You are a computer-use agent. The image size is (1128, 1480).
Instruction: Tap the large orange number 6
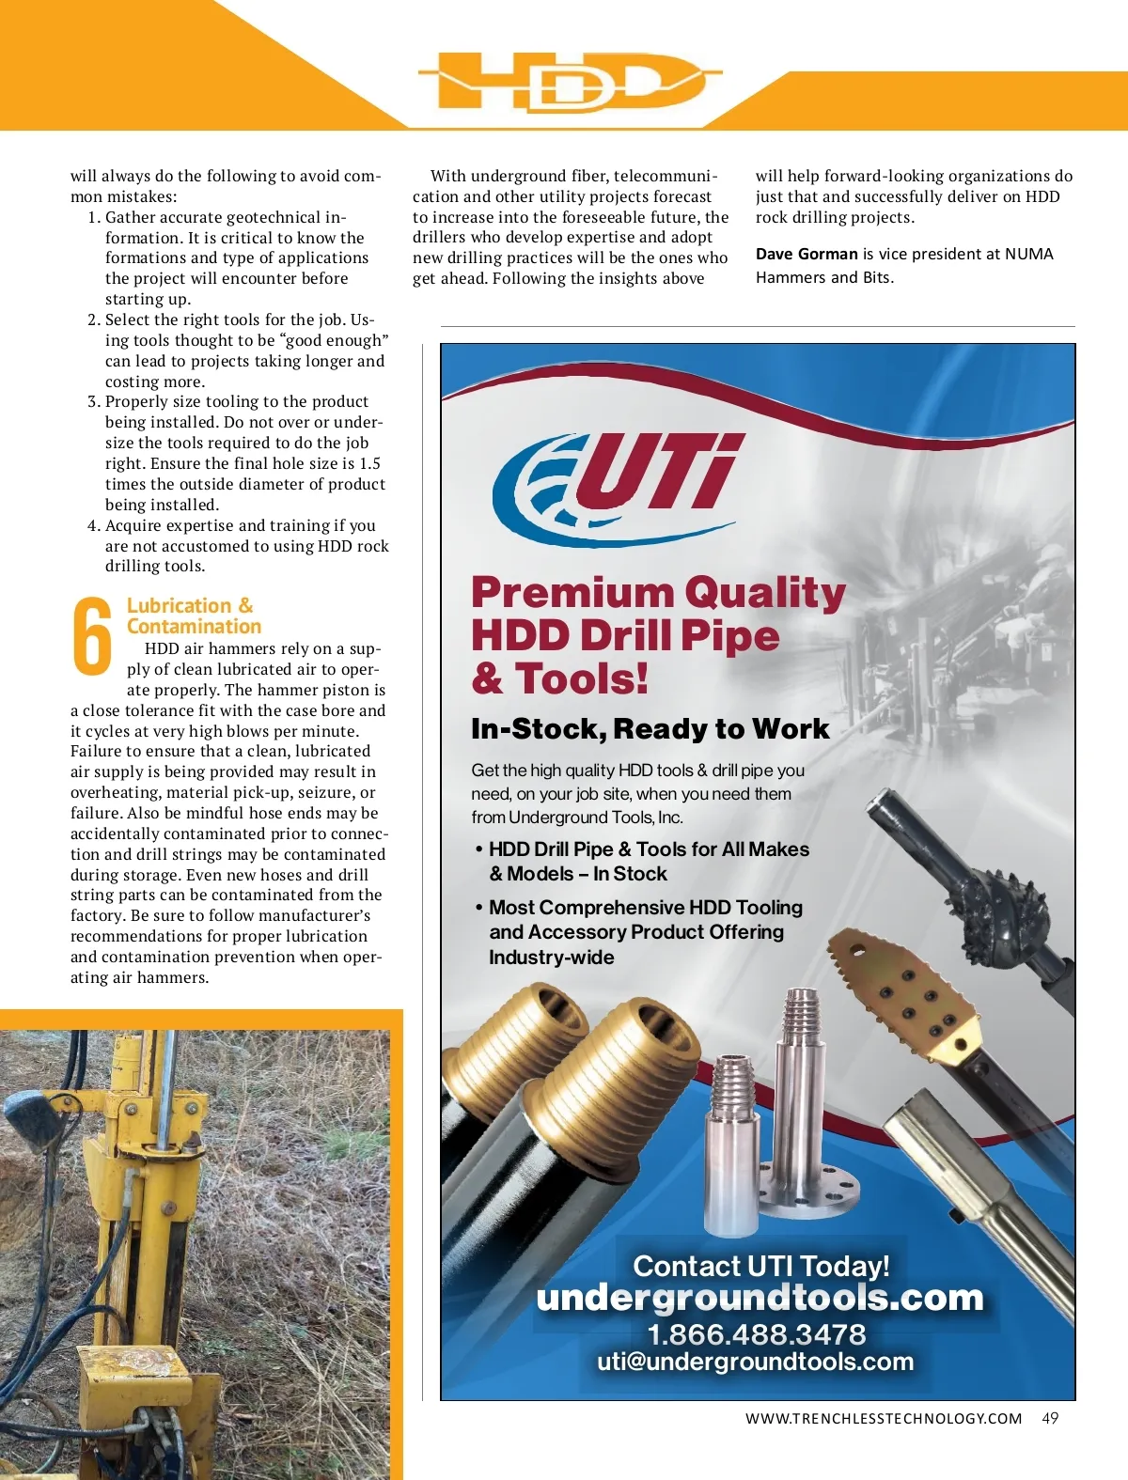click(92, 636)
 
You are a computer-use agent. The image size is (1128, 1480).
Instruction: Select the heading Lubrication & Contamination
click(193, 615)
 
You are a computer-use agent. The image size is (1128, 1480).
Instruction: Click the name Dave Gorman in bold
click(807, 254)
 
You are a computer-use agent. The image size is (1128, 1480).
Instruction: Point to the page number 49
click(1050, 1418)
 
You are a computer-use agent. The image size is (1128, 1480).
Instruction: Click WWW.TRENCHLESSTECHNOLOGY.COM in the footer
click(883, 1418)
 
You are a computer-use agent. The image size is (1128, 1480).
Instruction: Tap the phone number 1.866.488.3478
click(756, 1334)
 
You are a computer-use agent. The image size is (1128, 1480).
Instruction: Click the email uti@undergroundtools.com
click(755, 1362)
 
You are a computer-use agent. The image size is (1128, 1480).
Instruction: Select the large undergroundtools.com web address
click(760, 1298)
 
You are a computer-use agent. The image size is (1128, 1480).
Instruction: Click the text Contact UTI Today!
click(760, 1266)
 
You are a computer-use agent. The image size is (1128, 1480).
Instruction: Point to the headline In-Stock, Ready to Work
click(650, 729)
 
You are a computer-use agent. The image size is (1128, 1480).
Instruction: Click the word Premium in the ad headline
click(572, 593)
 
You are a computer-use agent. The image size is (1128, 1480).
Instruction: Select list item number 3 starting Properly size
click(236, 401)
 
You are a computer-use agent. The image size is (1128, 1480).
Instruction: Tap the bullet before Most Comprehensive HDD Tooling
click(479, 908)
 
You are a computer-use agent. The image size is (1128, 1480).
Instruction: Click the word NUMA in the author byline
click(1028, 254)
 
